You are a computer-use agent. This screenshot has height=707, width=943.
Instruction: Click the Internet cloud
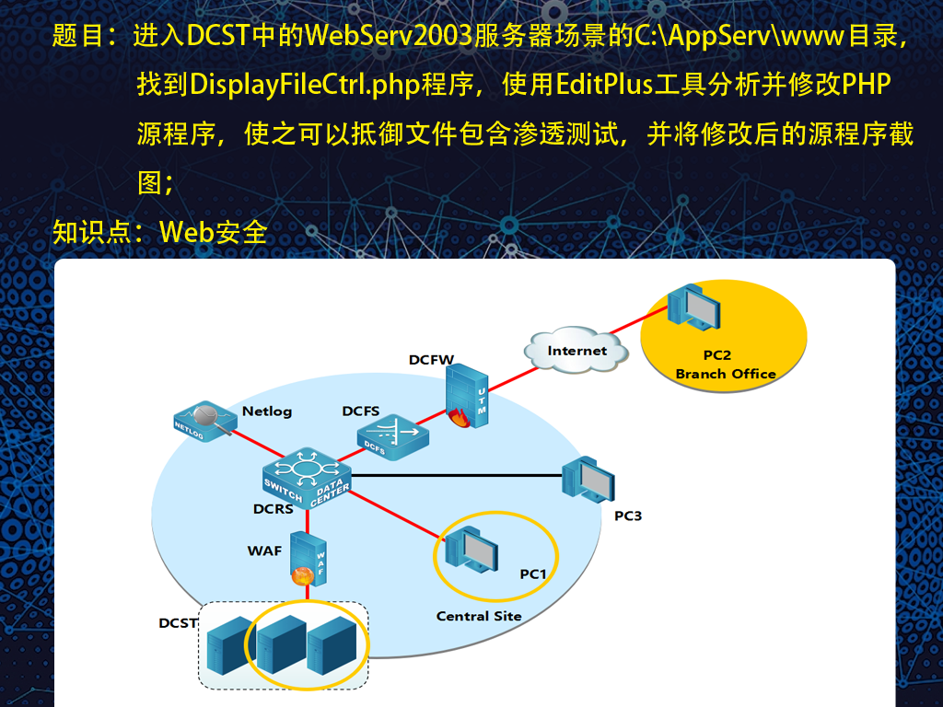[576, 350]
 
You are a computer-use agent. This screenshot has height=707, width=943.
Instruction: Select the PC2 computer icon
[693, 307]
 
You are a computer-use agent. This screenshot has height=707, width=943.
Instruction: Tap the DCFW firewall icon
[467, 397]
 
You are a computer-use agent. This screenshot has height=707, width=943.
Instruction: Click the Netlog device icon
[204, 421]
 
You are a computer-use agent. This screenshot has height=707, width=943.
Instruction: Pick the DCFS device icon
[392, 437]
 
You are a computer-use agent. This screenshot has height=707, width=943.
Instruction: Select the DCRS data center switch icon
[307, 478]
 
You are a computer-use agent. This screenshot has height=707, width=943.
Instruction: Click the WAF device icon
[308, 559]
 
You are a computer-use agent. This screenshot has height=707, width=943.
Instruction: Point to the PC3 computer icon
[588, 480]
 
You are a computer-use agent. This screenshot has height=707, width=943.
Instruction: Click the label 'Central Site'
[479, 616]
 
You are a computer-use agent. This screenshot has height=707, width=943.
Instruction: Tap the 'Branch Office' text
[726, 374]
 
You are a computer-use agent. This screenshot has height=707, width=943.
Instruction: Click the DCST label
[178, 623]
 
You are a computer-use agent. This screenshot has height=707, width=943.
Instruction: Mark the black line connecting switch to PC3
[456, 476]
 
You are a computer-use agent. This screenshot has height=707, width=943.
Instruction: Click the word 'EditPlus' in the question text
[604, 84]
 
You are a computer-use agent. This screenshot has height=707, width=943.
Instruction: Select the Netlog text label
[267, 411]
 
